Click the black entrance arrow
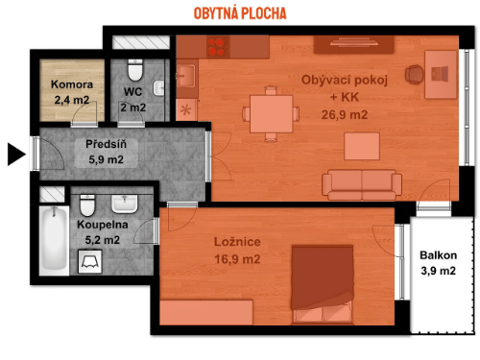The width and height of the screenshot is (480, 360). (x=15, y=155)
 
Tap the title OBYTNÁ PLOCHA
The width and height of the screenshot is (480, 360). (x=240, y=13)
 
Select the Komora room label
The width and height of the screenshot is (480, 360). (x=72, y=84)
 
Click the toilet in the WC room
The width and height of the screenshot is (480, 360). (x=135, y=70)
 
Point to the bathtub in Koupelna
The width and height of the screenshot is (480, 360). (x=54, y=240)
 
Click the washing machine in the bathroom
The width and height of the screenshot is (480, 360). (x=90, y=262)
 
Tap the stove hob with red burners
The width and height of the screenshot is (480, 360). (x=218, y=47)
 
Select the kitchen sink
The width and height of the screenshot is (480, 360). (x=185, y=76)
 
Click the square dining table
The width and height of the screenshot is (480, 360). (x=271, y=113)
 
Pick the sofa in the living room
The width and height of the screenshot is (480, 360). (x=362, y=185)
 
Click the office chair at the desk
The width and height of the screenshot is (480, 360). (x=415, y=75)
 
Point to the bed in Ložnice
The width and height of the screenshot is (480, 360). (x=323, y=284)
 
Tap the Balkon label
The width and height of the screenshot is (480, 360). (x=438, y=255)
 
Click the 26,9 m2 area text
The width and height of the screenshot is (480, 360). (x=345, y=114)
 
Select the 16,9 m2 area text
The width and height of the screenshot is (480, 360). (x=237, y=259)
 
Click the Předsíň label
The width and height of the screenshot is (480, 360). (x=106, y=144)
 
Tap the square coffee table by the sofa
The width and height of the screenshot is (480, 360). (x=362, y=146)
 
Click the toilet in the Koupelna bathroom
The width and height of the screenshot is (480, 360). (x=87, y=205)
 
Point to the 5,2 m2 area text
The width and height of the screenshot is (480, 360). (x=103, y=240)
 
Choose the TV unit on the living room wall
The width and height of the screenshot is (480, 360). (x=353, y=44)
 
